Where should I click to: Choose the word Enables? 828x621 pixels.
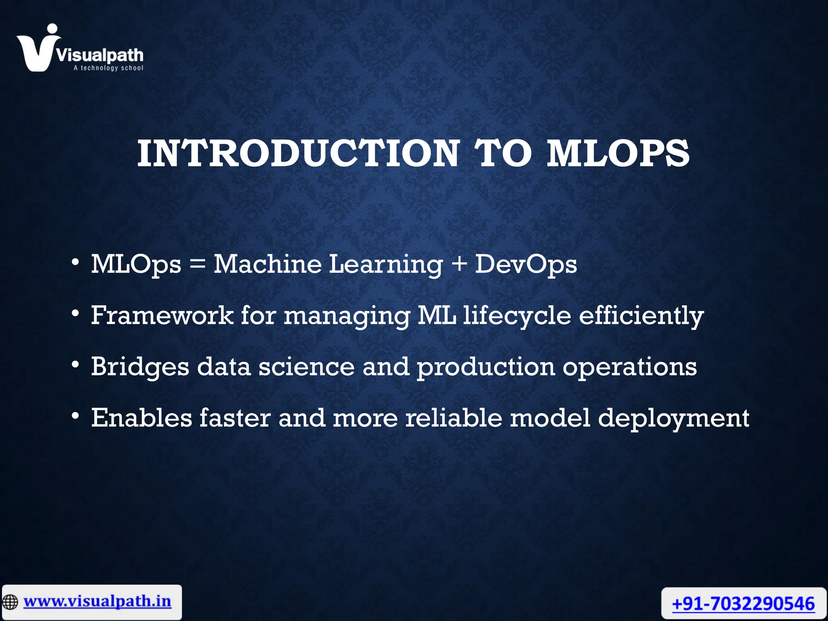(142, 418)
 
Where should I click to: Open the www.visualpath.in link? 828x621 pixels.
(97, 601)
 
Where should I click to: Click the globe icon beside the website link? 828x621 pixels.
(10, 602)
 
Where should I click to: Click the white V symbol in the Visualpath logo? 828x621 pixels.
(36, 51)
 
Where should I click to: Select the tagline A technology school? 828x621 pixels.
(108, 68)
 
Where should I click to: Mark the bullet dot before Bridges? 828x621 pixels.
(75, 365)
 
